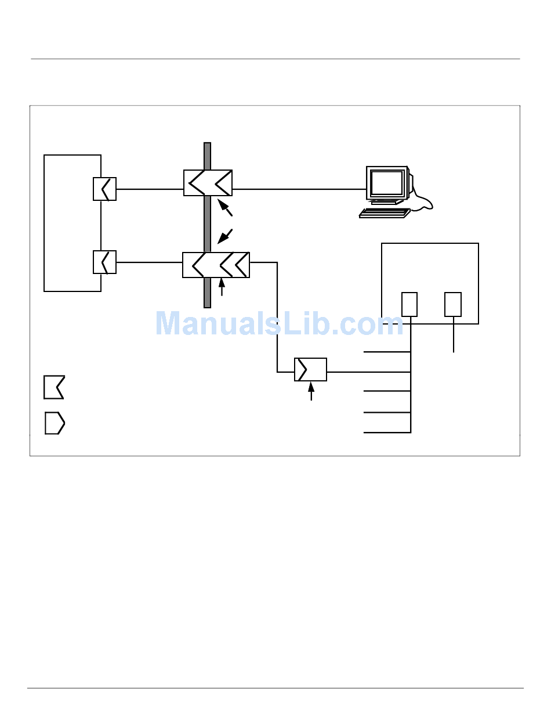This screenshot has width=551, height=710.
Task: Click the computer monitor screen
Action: coord(386,183)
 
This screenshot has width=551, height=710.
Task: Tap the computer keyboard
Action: coord(385,213)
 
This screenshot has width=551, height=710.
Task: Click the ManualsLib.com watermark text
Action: coord(280,323)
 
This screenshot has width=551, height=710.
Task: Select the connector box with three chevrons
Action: coord(216,265)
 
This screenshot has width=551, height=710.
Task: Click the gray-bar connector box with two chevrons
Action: coord(208,183)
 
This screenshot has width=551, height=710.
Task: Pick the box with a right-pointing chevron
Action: coord(310,370)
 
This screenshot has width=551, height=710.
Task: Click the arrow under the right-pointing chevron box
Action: coord(311,391)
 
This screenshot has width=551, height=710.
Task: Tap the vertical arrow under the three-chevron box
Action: coord(222,287)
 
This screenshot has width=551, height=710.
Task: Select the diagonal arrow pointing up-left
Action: coord(225,208)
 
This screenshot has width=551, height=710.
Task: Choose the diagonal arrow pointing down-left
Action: coord(225,236)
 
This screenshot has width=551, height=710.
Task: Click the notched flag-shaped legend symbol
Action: coord(54,387)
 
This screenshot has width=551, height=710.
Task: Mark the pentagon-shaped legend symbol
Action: coord(55,423)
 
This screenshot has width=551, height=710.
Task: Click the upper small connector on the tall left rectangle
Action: coord(104,189)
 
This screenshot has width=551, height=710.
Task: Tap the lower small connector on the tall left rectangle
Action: coord(104,262)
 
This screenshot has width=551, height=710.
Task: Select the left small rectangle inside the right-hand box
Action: coord(409,305)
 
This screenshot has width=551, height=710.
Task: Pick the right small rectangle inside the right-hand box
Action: coord(453,305)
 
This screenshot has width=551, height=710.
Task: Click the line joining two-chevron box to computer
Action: coord(299,189)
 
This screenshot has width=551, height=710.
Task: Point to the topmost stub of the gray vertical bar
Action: coord(207,156)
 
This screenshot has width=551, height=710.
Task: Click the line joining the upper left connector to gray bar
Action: coord(150,189)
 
